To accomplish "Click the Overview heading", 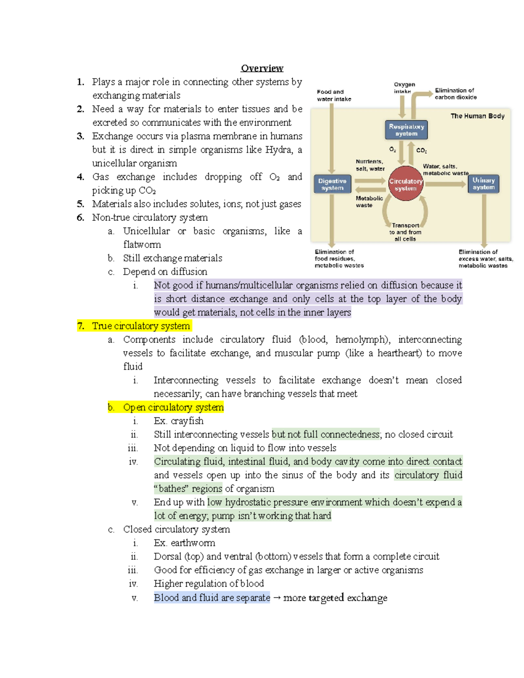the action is point(262,68).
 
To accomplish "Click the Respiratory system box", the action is point(406,130).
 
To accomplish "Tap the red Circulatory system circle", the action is point(406,184).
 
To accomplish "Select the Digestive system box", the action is point(332,184).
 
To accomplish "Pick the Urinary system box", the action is point(483,184).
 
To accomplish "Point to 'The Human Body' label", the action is point(477,116).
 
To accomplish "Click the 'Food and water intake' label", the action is point(334,96).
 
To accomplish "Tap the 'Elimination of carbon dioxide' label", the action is point(455,94).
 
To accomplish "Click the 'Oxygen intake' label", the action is point(404,88).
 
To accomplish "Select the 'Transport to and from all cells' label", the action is point(405,232).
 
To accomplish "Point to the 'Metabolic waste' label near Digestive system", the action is point(369,202).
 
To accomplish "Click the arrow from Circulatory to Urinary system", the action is point(445,184).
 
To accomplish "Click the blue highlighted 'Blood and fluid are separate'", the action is point(212,598).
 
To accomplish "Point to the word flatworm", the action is point(142,244).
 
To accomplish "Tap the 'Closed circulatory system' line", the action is point(176,530).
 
